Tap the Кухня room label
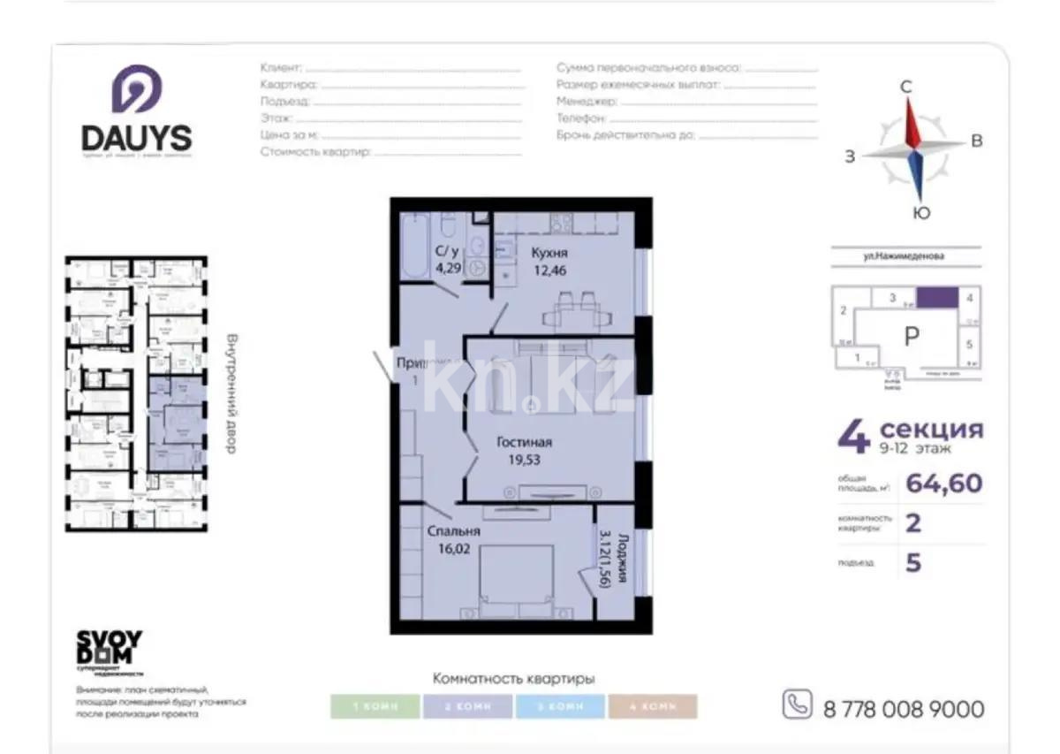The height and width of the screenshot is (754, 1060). tap(549, 253)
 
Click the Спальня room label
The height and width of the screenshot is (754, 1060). tap(453, 531)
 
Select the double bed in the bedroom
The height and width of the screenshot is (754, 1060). tap(517, 579)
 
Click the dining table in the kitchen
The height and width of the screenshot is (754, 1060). tap(571, 309)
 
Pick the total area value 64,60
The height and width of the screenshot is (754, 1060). tap(944, 484)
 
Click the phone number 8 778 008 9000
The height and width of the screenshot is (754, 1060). tap(903, 709)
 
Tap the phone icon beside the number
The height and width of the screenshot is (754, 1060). tap(797, 704)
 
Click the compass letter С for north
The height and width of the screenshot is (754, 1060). tap(905, 87)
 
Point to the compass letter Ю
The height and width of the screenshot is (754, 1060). tap(920, 213)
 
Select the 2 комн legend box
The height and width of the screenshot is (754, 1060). tap(468, 707)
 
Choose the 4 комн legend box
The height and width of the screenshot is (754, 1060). tap(652, 707)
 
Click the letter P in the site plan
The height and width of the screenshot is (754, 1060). tap(912, 336)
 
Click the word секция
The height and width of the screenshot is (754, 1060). tap(931, 430)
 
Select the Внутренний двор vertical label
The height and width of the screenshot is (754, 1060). tap(231, 393)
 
